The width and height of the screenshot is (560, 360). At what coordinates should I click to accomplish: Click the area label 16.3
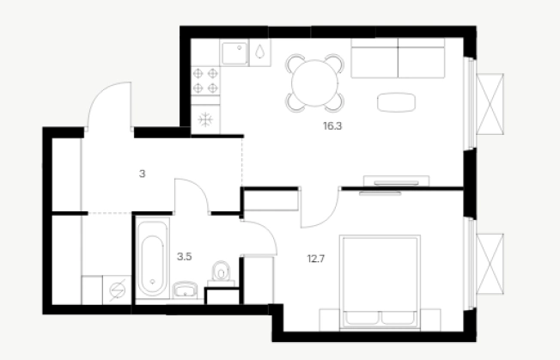[x=332, y=126]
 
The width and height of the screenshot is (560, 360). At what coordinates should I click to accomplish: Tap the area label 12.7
[x=316, y=259]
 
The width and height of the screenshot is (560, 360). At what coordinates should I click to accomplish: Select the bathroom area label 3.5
[x=185, y=256]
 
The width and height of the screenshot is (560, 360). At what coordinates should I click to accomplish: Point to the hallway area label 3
[x=142, y=174]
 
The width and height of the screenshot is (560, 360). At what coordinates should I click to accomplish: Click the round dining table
[x=314, y=82]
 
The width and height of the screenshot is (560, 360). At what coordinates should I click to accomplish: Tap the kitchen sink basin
[x=234, y=53]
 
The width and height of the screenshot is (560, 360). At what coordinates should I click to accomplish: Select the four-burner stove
[x=205, y=81]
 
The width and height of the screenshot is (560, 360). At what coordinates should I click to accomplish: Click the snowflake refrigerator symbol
[x=205, y=119]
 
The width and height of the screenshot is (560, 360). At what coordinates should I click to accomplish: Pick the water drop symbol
[x=259, y=52]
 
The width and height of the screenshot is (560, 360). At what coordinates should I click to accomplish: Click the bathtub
[x=152, y=260]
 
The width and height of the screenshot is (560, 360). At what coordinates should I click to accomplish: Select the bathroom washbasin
[x=185, y=290]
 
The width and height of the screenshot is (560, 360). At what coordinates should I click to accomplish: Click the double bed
[x=380, y=282]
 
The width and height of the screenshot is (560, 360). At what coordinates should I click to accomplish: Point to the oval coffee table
[x=396, y=102]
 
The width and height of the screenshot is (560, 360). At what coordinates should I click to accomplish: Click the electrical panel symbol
[x=118, y=290]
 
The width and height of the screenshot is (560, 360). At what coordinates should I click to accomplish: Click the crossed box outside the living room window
[x=490, y=104]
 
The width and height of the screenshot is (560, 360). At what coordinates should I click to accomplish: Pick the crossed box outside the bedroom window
[x=490, y=264]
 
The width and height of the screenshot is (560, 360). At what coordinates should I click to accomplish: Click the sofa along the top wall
[x=398, y=58]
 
